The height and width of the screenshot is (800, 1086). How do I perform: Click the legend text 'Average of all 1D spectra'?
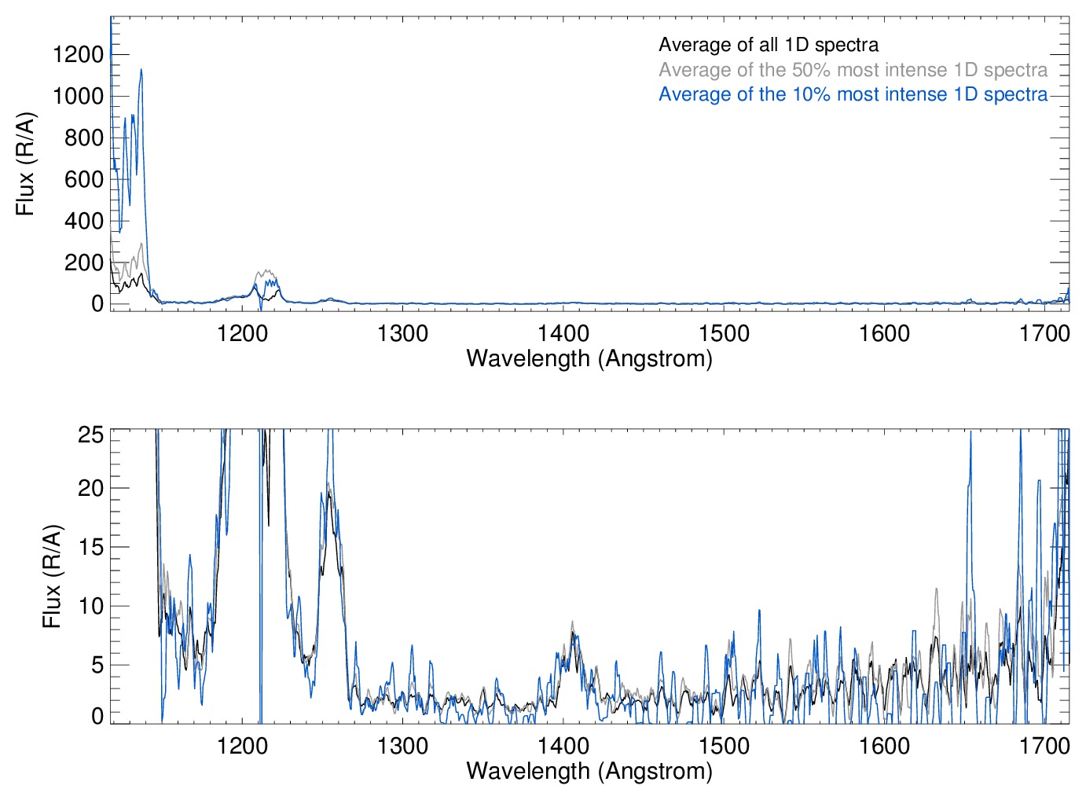point(768,45)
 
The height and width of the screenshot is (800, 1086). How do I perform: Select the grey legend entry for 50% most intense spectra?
point(853,70)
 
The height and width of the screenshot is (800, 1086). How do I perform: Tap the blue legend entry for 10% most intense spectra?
point(853,94)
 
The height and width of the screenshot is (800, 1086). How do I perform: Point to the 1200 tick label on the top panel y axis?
point(78,54)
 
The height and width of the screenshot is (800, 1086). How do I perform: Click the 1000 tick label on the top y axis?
point(78,96)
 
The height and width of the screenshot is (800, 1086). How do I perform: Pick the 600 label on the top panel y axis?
point(84,179)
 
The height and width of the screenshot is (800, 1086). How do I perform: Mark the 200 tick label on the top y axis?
point(84,262)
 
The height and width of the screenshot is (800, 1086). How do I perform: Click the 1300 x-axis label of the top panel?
point(403,333)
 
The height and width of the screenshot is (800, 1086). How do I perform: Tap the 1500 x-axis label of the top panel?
point(724,333)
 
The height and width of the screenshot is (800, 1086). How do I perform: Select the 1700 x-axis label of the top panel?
point(1044,333)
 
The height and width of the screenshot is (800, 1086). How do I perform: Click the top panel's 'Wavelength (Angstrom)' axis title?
point(589,358)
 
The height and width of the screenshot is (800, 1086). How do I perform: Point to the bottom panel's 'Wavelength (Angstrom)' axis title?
point(589,771)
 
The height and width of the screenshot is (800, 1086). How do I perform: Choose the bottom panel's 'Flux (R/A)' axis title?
point(52,576)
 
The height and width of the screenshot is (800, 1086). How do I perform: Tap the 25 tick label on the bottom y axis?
point(91,435)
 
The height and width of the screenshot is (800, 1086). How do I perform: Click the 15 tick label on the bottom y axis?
point(91,547)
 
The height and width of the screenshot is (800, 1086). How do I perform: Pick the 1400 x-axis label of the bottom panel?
point(563,745)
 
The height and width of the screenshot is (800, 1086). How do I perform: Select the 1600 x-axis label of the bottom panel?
point(884,745)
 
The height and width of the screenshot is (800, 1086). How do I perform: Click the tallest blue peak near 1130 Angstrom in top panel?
point(141,70)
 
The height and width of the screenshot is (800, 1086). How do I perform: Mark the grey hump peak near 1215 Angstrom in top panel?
point(267,271)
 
